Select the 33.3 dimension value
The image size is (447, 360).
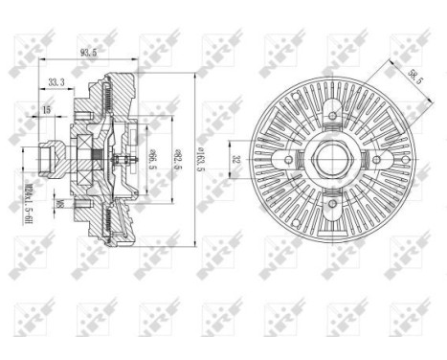pyautogui.click(x=55, y=83)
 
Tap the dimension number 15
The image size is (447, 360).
pyautogui.click(x=45, y=112)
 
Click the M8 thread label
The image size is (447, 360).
pyautogui.click(x=59, y=203)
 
